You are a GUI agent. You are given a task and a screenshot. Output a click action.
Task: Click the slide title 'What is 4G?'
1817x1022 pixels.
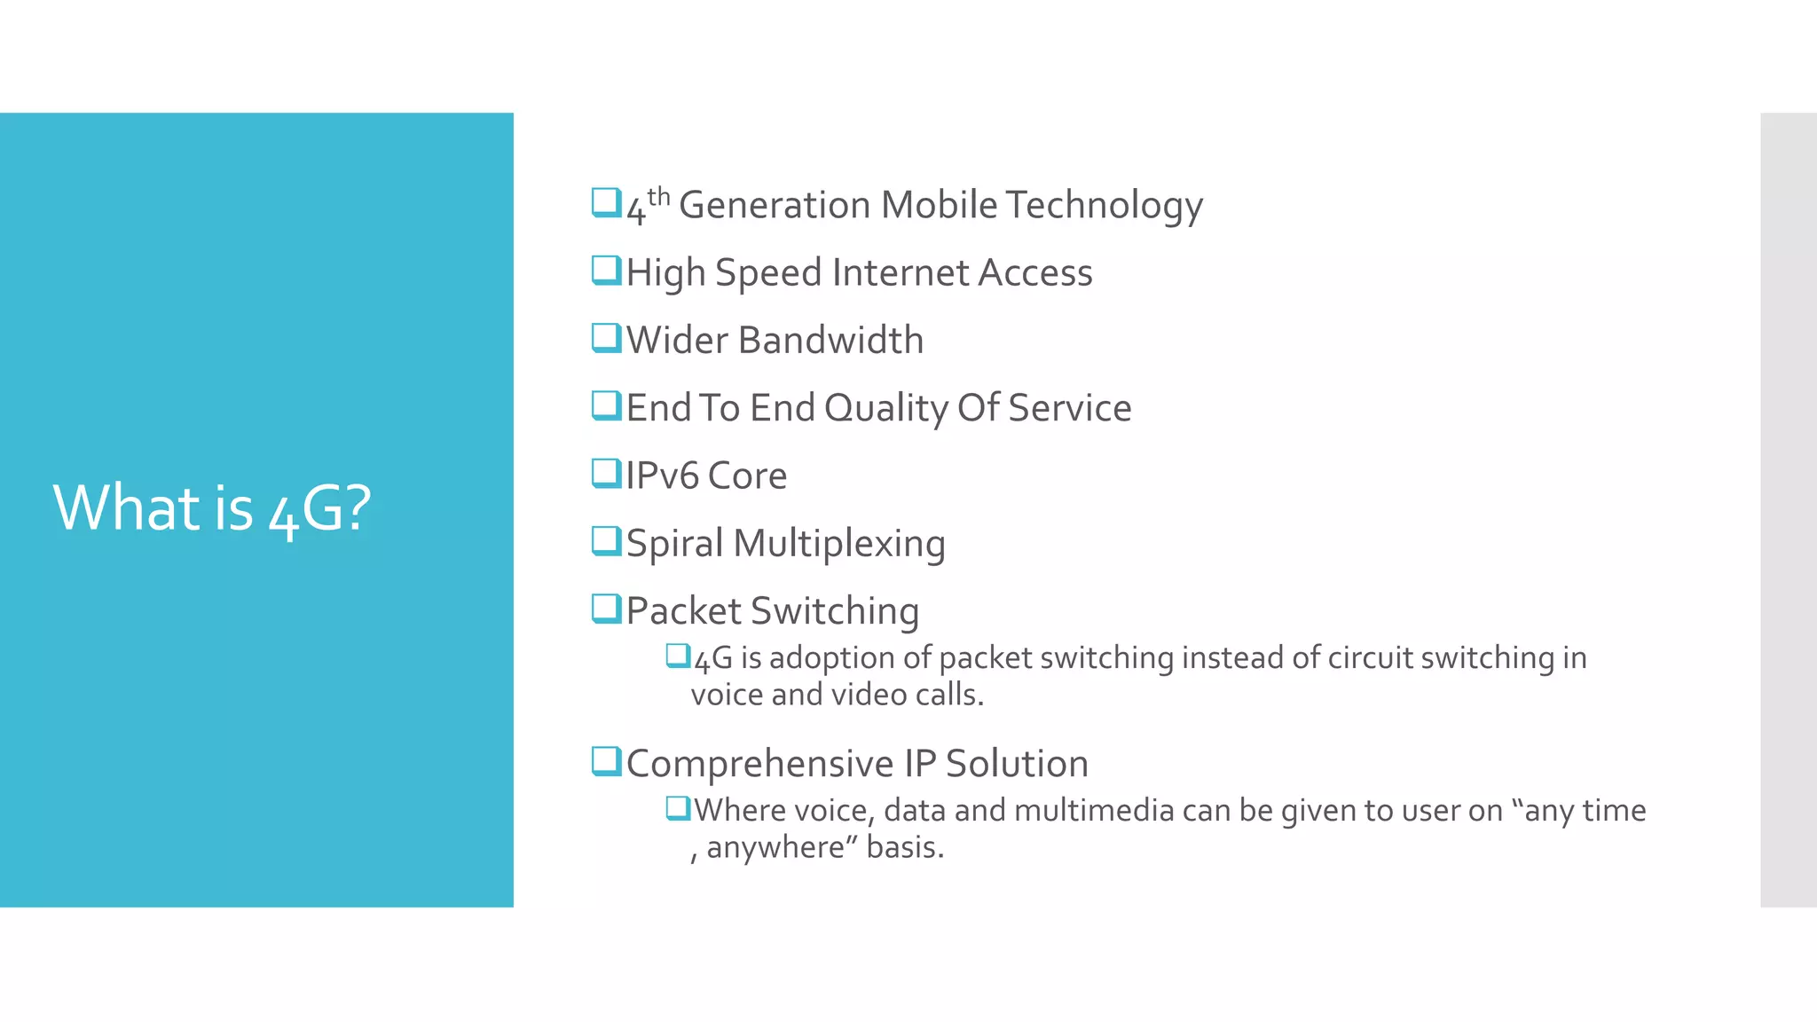point(212,508)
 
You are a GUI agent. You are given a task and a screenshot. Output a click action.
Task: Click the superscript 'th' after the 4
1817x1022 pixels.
point(658,196)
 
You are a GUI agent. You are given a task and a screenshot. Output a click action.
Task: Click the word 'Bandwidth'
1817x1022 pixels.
point(830,341)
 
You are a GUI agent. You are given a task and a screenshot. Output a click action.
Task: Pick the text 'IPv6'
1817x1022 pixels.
point(662,476)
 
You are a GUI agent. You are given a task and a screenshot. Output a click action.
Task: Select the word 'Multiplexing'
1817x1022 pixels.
point(839,544)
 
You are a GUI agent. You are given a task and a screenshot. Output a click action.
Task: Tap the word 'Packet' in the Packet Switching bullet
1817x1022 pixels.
point(683,611)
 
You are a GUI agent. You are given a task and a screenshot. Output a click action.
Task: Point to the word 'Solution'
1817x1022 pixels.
point(1017,764)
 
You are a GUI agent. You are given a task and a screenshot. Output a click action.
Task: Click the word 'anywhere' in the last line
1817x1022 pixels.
point(775,847)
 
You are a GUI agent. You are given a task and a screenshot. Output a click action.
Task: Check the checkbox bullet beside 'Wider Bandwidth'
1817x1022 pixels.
point(606,338)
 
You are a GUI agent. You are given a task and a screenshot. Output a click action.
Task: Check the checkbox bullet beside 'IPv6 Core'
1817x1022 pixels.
point(606,474)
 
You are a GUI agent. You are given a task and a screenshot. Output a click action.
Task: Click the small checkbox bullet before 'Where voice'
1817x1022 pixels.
point(678,808)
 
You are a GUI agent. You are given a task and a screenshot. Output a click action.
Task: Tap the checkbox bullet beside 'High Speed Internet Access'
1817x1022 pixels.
point(606,270)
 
